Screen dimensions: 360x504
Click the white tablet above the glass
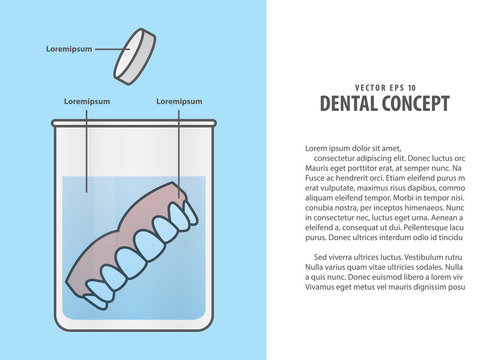coord(135,54)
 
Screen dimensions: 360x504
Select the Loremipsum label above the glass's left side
coord(87,102)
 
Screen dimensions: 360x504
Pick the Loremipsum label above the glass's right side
coord(180,102)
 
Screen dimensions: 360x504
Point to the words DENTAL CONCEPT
coord(383,104)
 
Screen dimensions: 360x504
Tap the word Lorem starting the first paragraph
coord(317,148)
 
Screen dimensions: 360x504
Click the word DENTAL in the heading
coord(350,104)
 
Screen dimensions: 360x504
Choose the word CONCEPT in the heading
coord(416,104)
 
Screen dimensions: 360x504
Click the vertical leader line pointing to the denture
coord(180,150)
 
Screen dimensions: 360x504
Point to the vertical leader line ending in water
coord(87,150)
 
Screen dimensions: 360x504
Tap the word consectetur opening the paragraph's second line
coord(339,158)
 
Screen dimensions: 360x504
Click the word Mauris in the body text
coord(319,168)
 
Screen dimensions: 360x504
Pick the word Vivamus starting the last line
coord(322,287)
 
